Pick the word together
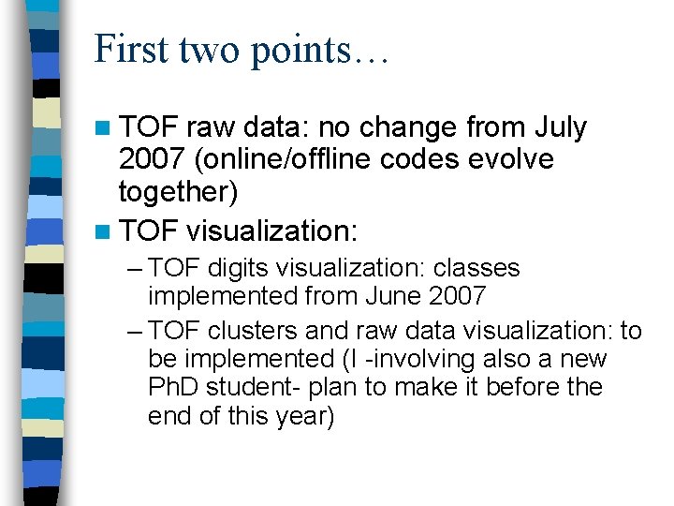click(x=178, y=193)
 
